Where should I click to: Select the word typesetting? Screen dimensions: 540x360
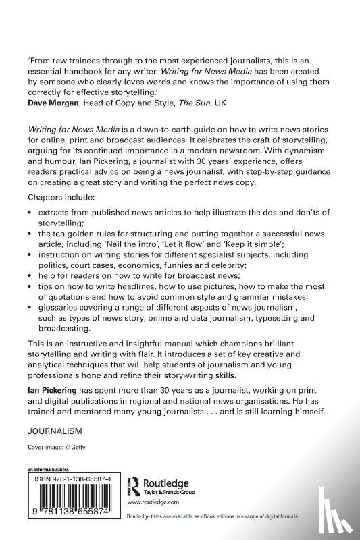tap(278, 319)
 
